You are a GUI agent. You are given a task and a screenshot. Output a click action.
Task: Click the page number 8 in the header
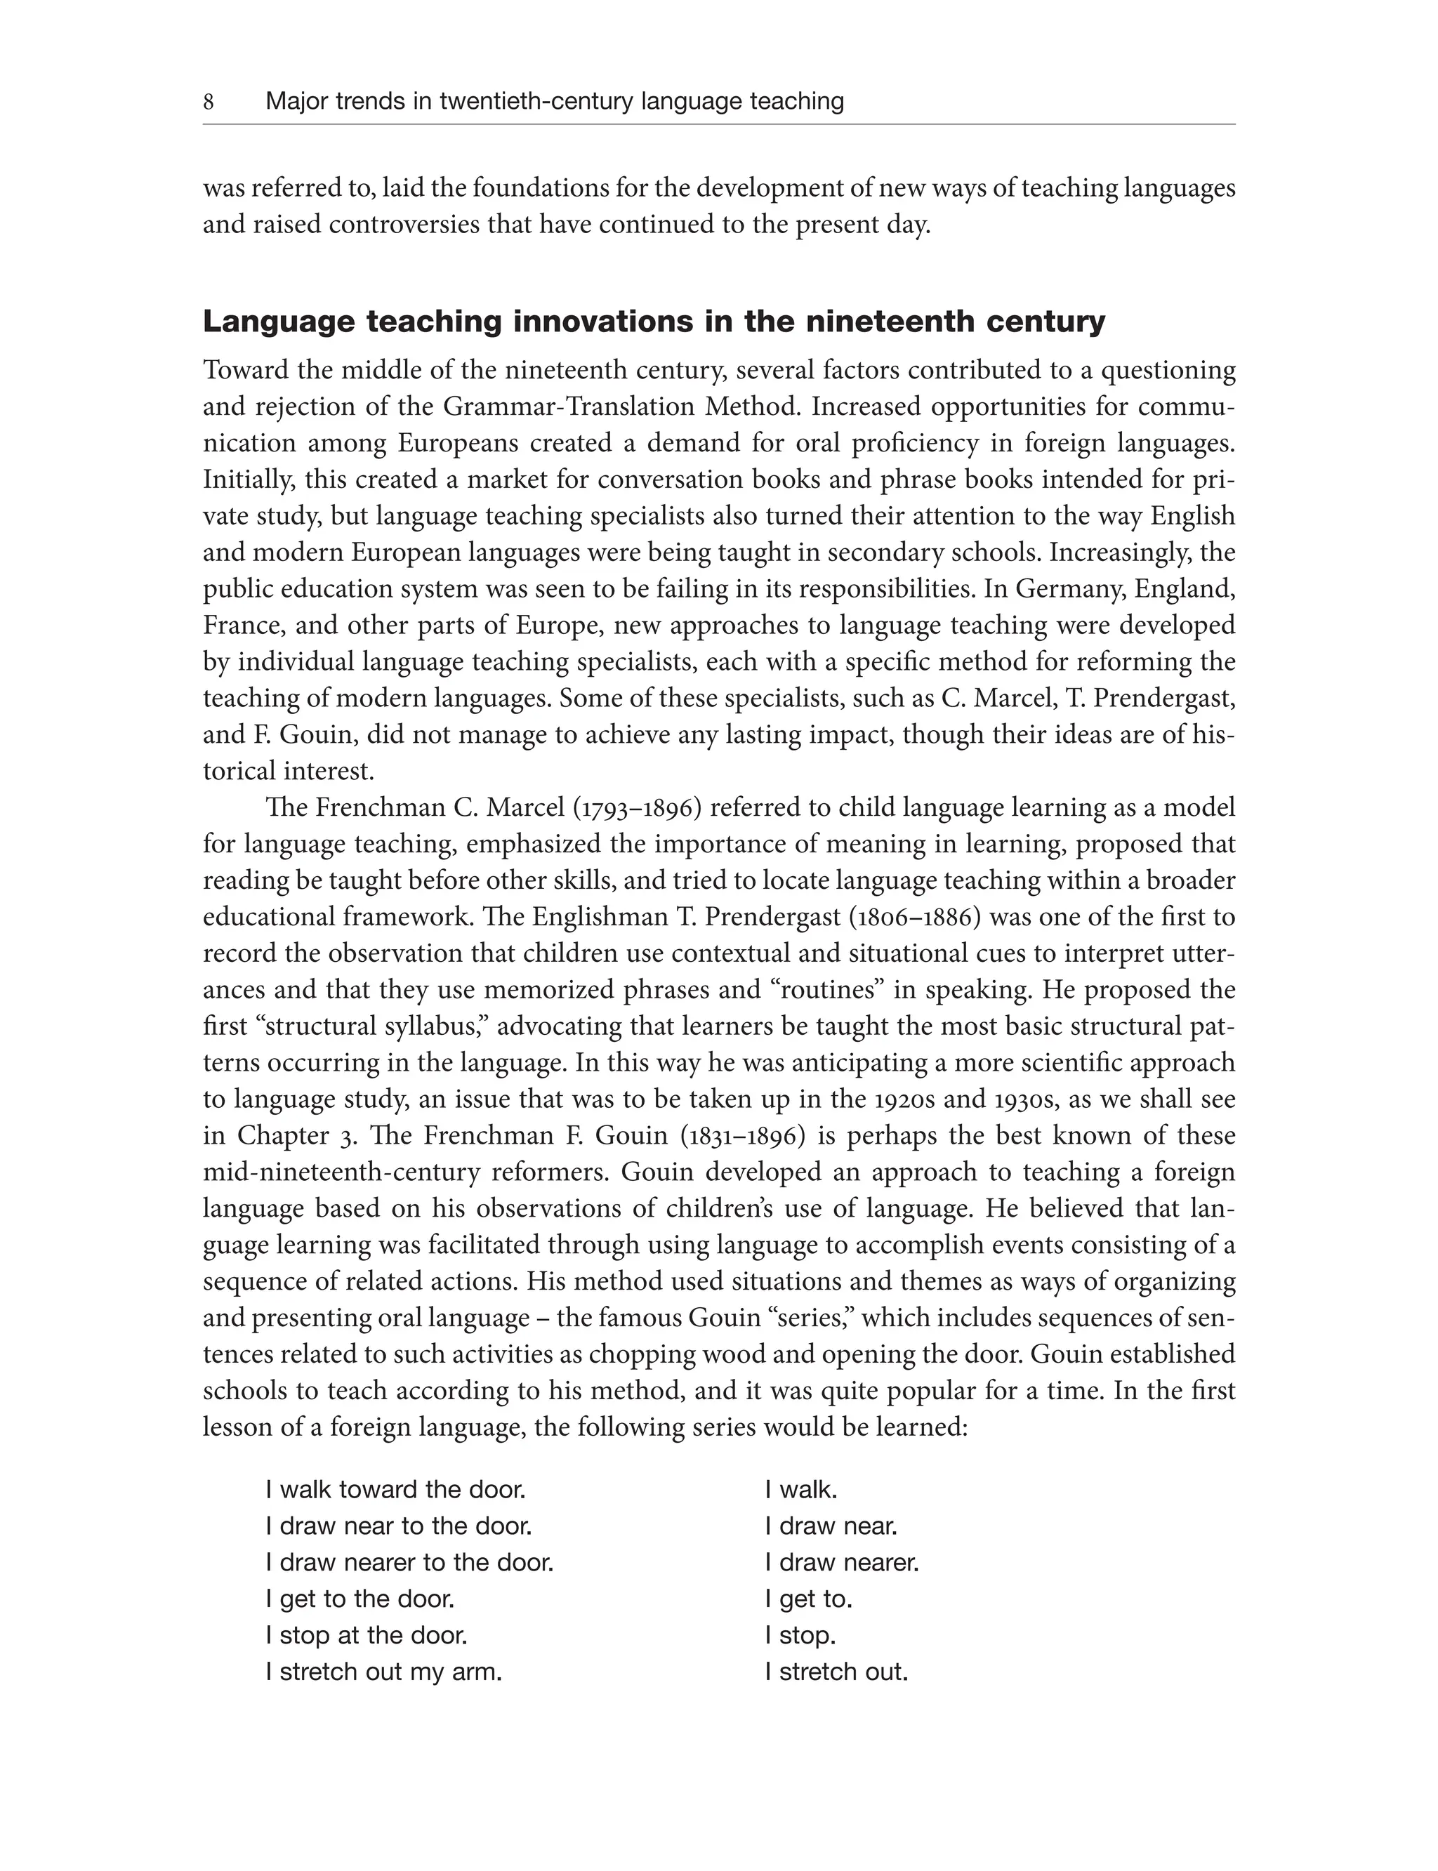208,102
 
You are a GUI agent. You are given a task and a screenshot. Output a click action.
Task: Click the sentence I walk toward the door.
395,1490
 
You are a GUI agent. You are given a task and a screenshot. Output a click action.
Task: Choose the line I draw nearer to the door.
409,1563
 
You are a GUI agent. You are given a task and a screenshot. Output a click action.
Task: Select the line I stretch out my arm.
383,1672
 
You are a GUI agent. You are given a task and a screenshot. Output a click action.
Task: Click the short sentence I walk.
801,1490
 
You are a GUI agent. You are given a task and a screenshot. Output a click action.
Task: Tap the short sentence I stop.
800,1636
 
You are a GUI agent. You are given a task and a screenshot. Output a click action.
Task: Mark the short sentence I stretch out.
836,1672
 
